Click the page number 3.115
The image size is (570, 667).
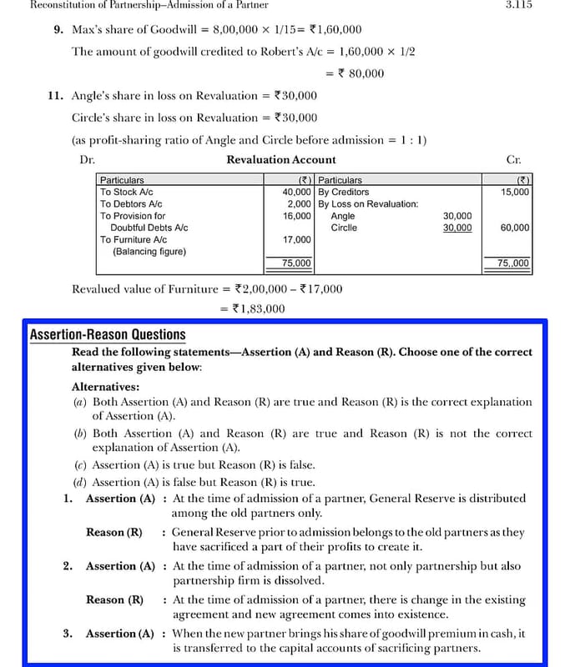pyautogui.click(x=519, y=5)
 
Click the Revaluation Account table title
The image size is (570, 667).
pyautogui.click(x=281, y=159)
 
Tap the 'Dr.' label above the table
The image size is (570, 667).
pyautogui.click(x=88, y=159)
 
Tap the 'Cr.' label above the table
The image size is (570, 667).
pyautogui.click(x=514, y=159)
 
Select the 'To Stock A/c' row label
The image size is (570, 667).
pyautogui.click(x=126, y=192)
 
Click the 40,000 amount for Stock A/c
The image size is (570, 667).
pyautogui.click(x=297, y=192)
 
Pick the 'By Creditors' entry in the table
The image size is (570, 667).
pyautogui.click(x=343, y=192)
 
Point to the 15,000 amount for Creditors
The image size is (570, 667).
pyautogui.click(x=514, y=192)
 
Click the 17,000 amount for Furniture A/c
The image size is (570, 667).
pyautogui.click(x=297, y=239)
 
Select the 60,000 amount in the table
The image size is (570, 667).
pyautogui.click(x=514, y=228)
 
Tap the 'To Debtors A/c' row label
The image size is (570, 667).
pyautogui.click(x=131, y=203)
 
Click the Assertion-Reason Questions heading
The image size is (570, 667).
pyautogui.click(x=108, y=335)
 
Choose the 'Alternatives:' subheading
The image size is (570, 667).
pyautogui.click(x=106, y=386)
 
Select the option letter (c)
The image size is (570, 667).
pyautogui.click(x=79, y=465)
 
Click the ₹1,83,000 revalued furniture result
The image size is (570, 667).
pyautogui.click(x=252, y=308)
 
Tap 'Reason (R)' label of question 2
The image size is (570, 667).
pyautogui.click(x=114, y=599)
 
